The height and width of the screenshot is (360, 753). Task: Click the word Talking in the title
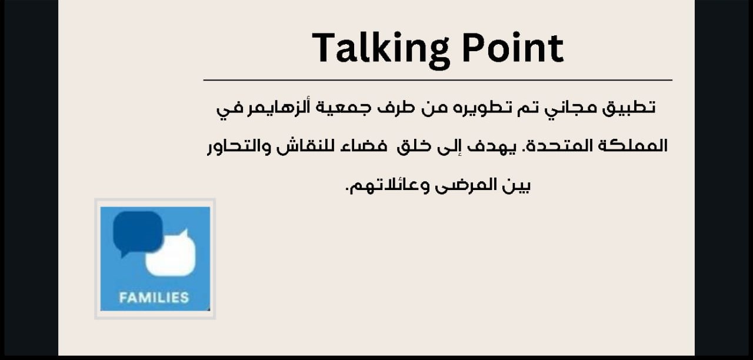[x=381, y=49]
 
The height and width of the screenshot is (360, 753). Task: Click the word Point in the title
[x=513, y=48]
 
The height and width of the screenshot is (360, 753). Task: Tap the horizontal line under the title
[x=438, y=81]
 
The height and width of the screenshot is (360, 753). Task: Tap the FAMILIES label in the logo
[x=154, y=298]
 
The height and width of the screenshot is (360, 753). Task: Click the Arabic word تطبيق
[x=628, y=108]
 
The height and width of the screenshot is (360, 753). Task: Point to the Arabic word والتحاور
[x=239, y=147]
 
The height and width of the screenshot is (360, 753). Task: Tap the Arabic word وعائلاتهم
[x=387, y=185]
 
